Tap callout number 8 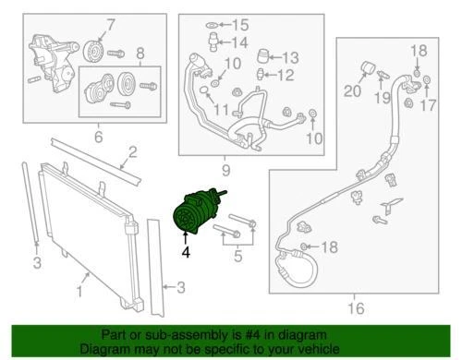[140, 53]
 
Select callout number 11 [221, 112]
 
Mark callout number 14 [239, 42]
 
